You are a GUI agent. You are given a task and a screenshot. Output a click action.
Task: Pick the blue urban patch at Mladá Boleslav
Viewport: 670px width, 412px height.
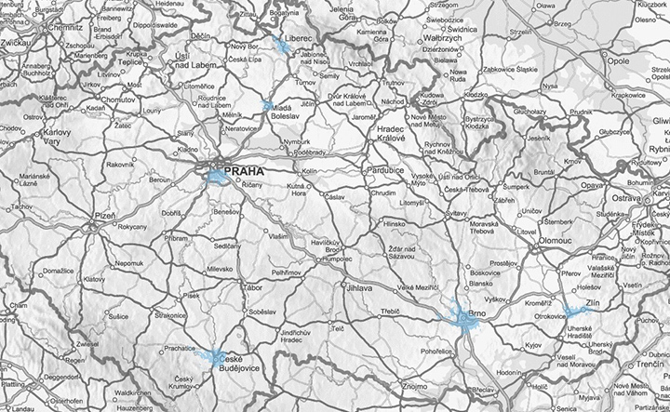click(x=268, y=106)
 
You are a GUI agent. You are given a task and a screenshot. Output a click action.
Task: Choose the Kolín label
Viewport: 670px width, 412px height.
click(x=310, y=172)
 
